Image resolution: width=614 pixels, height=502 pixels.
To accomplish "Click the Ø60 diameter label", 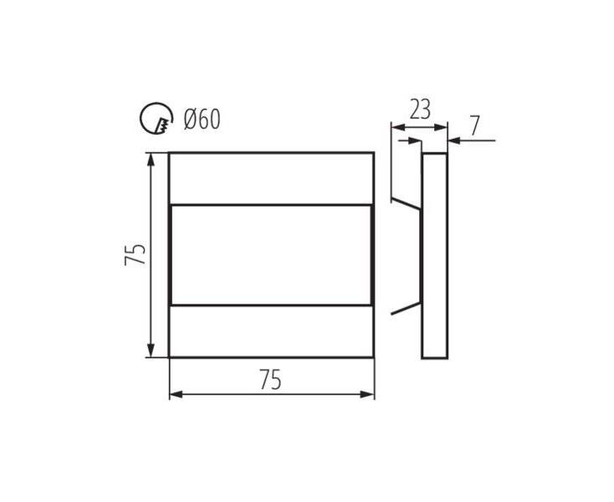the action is coord(202,119).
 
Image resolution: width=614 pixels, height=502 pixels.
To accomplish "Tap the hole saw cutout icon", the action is coord(156,118).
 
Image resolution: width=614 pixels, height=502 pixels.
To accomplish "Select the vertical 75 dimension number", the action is coord(135,254).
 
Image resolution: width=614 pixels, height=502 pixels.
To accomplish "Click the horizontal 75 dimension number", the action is coord(270,380).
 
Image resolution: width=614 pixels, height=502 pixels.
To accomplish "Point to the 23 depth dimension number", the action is coord(420,110).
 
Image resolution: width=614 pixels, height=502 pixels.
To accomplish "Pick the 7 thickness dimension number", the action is coord(474,125).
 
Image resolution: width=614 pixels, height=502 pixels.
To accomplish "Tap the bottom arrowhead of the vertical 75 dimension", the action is coord(151,350).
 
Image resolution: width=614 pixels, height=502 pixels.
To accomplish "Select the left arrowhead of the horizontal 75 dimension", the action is coord(177,394).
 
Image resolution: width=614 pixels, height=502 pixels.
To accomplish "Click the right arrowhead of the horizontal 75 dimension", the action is coord(367,394).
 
